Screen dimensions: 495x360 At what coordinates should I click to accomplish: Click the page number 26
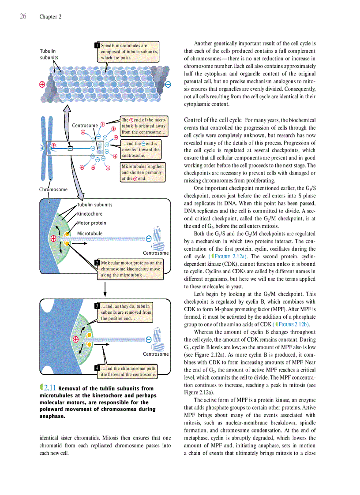(x=23, y=16)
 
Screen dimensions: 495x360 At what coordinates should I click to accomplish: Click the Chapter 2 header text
(x=50, y=17)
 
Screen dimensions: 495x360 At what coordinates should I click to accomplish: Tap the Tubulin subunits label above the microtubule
(x=49, y=54)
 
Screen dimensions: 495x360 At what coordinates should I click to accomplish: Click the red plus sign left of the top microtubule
(x=42, y=84)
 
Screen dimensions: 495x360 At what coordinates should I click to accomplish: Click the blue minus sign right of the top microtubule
(x=168, y=84)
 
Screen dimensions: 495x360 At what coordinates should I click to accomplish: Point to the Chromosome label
(x=53, y=190)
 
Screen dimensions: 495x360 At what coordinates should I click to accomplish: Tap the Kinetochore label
(x=90, y=214)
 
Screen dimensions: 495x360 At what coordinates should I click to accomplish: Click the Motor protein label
(x=91, y=223)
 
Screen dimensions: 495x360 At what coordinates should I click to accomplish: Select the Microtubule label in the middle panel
(x=90, y=233)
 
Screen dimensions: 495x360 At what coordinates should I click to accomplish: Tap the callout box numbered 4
(x=127, y=372)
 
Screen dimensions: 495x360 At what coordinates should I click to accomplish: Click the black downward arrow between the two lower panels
(x=105, y=289)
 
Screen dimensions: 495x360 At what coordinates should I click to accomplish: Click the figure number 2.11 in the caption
(x=49, y=388)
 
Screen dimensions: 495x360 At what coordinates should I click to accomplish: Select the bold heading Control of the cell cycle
(x=213, y=120)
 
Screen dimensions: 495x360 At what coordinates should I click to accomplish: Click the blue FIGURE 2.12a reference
(x=229, y=257)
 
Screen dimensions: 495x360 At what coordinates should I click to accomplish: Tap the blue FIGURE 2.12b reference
(x=293, y=325)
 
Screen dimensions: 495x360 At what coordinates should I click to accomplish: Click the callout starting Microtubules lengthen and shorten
(x=142, y=172)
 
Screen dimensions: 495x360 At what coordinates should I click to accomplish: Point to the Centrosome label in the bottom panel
(x=156, y=354)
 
